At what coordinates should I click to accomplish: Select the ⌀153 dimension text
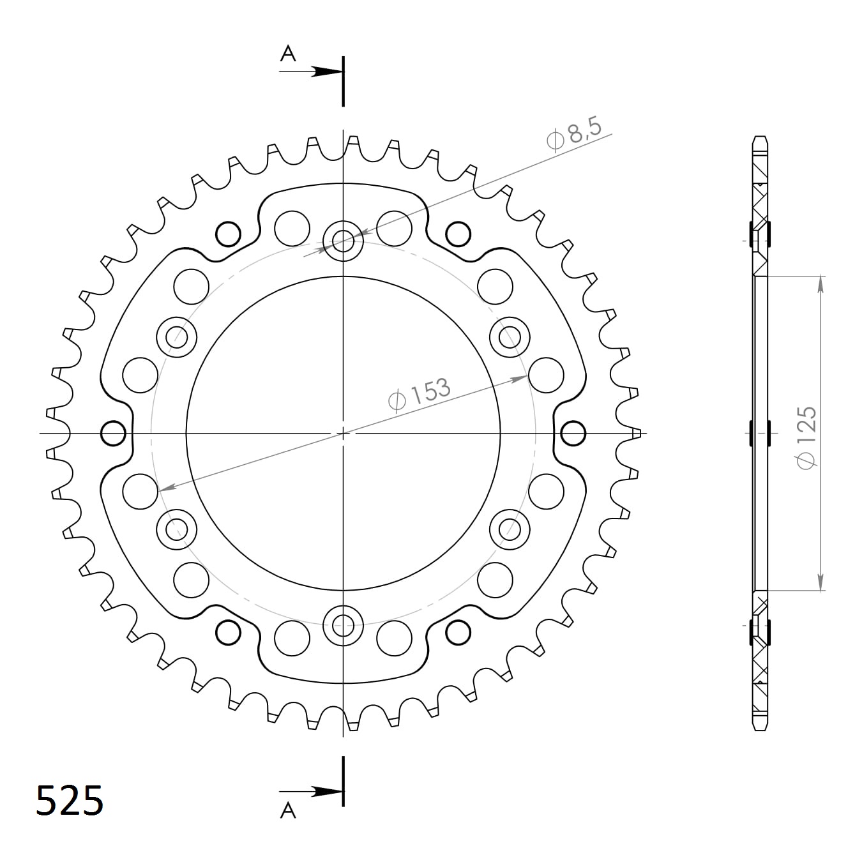tap(419, 396)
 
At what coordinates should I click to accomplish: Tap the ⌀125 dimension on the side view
tap(806, 437)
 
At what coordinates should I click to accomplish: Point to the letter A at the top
tap(289, 54)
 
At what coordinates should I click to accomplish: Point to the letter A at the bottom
tap(289, 810)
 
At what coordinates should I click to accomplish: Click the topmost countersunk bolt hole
tap(344, 241)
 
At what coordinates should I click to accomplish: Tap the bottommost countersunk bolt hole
tap(344, 624)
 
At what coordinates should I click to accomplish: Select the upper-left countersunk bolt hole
tap(177, 337)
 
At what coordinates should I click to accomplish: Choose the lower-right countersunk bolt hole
tap(510, 528)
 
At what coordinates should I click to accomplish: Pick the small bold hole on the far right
tap(573, 434)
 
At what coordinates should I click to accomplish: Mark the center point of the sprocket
tap(344, 434)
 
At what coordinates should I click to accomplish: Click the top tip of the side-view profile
tap(760, 138)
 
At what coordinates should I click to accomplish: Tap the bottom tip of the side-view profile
tap(760, 729)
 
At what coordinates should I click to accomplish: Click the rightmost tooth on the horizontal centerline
tap(635, 434)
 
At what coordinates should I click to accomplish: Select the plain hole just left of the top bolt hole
tap(292, 227)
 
